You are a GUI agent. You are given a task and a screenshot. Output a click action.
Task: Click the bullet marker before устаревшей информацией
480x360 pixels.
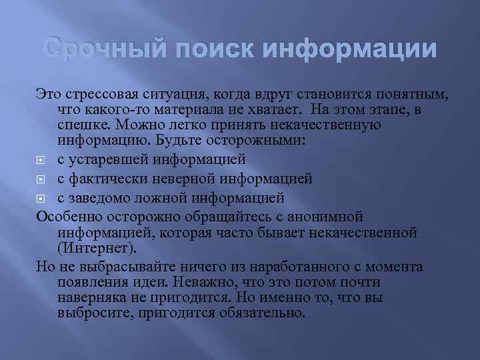41,160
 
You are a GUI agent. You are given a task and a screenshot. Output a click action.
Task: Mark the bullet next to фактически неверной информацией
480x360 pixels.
41,179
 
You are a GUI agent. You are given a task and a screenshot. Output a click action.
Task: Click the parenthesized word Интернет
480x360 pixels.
97,248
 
